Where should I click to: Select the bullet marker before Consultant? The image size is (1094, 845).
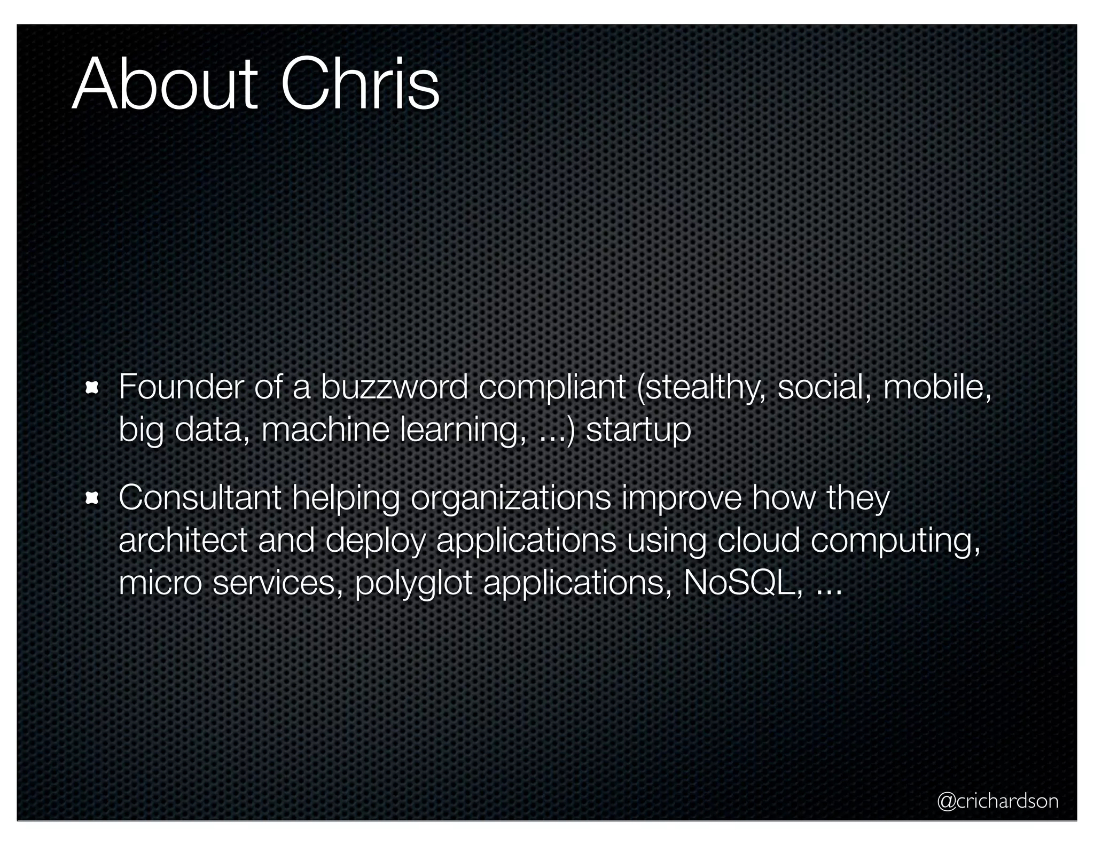(92, 498)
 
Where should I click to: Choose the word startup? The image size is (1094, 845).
(638, 431)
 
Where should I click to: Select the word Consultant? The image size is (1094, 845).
(200, 498)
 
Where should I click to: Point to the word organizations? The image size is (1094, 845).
(511, 499)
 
